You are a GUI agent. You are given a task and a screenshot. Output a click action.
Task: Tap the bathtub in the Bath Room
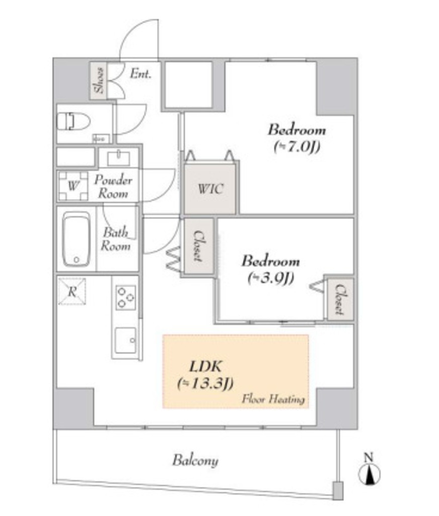click(77, 239)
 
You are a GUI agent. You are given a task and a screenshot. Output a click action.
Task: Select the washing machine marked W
click(73, 186)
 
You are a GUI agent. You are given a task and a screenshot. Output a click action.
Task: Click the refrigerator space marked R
click(72, 291)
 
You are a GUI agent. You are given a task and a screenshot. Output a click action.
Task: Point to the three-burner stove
click(125, 297)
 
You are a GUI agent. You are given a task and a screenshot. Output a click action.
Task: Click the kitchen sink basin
click(125, 340)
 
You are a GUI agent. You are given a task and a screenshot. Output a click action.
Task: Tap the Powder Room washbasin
click(119, 158)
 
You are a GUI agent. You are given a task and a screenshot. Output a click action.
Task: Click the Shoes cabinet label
click(99, 81)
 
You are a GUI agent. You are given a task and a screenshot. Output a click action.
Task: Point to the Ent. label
click(141, 74)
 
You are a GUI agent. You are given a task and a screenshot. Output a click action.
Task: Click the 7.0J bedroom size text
click(297, 147)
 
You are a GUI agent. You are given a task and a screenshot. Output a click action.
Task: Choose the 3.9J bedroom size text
click(271, 278)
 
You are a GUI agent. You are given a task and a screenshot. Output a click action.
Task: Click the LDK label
click(205, 366)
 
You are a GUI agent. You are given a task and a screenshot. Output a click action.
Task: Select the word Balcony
click(195, 461)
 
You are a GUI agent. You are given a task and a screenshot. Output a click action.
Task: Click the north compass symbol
click(370, 474)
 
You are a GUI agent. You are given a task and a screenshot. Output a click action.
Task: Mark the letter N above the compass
click(369, 457)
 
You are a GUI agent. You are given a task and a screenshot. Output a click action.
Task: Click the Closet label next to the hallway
click(198, 246)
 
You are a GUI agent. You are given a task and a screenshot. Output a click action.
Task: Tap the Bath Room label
click(115, 239)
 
